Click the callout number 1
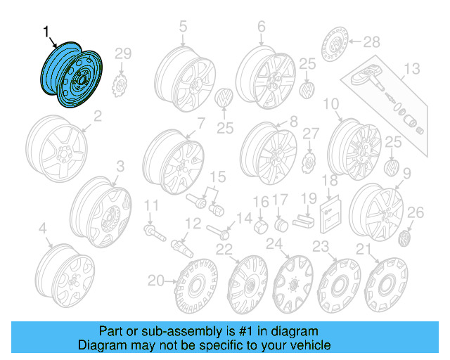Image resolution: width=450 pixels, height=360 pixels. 46,32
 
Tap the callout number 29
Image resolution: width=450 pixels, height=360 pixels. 123,54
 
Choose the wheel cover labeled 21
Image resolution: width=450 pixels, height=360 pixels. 386,287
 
